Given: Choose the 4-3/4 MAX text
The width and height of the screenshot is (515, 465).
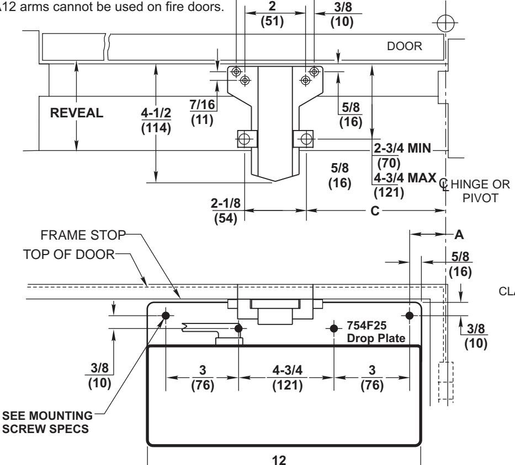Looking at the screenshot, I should pos(403,180).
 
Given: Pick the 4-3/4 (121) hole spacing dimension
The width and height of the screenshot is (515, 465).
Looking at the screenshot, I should pos(286,378).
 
